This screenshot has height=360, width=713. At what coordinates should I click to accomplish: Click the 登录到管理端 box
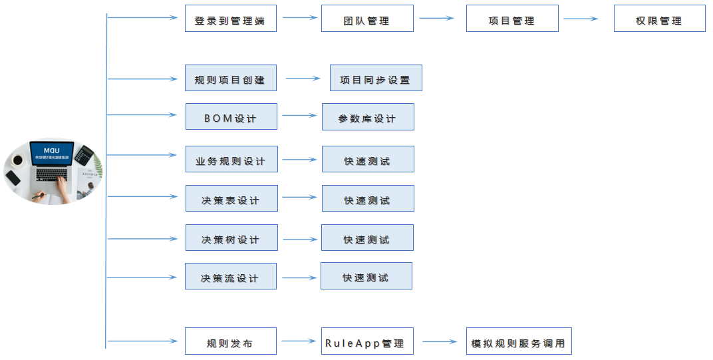230,19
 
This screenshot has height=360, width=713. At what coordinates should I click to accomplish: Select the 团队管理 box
367,19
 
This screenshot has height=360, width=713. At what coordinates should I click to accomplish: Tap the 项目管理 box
511,19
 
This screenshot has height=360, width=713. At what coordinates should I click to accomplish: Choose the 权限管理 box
659,19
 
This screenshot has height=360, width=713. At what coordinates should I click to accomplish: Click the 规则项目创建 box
230,78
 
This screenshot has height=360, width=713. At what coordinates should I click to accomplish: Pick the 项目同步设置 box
376,78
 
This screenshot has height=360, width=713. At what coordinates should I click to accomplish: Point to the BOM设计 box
231,116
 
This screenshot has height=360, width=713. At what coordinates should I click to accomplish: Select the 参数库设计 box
368,116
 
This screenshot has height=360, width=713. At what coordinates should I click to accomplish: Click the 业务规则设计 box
231,159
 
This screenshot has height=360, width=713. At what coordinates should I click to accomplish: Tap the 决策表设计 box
231,198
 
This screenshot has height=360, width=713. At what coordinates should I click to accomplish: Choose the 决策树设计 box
231,238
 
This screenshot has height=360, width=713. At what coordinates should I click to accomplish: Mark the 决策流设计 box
231,276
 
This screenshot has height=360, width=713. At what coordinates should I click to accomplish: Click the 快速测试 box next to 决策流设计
366,275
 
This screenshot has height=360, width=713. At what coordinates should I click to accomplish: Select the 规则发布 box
230,341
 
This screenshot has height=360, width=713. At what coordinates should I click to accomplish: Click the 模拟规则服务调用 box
518,341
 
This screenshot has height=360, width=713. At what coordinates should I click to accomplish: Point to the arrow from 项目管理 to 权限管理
581,19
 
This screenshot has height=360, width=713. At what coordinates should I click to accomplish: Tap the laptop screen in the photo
51,154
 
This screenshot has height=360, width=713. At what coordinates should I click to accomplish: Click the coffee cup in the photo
17,160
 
